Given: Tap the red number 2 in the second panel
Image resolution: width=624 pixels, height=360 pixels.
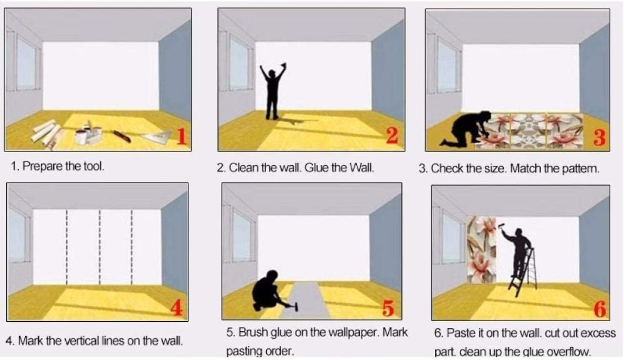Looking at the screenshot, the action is [x=392, y=136].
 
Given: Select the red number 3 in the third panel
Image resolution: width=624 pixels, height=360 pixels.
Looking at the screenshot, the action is [x=599, y=137].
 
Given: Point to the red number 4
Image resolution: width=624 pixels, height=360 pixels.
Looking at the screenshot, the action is [x=177, y=308].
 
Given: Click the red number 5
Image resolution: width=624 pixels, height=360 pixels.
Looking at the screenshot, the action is [x=388, y=308].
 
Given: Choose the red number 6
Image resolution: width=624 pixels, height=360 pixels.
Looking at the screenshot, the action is [x=600, y=309].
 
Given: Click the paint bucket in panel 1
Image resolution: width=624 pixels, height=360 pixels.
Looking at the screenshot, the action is [x=82, y=136].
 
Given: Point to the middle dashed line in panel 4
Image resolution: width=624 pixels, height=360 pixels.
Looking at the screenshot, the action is [x=100, y=247].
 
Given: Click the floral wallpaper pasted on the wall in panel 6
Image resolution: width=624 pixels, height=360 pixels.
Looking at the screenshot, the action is [x=482, y=249].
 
